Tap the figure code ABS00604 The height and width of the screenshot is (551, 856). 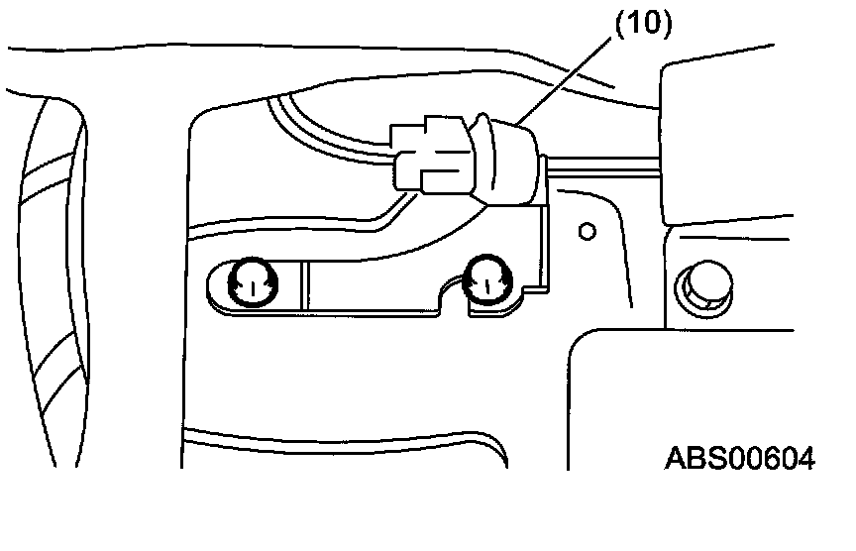(x=740, y=459)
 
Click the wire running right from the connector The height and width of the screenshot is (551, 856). (x=604, y=163)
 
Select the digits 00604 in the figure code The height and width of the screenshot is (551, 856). (x=769, y=459)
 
